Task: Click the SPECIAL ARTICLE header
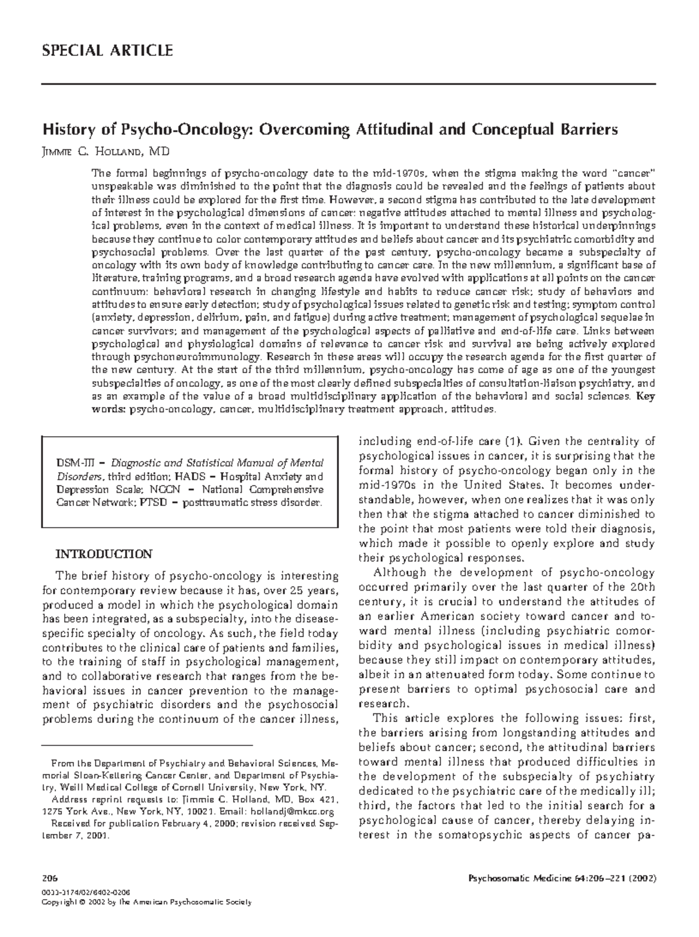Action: point(107,51)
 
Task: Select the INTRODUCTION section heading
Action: point(104,554)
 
